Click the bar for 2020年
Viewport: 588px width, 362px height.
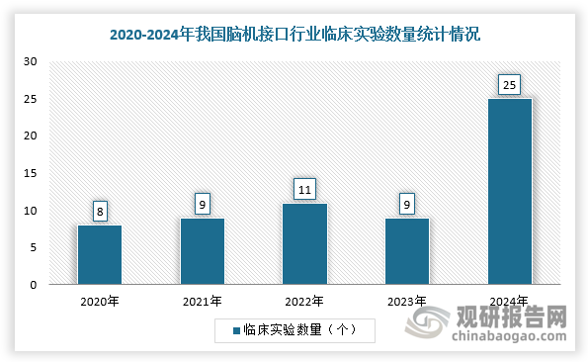(100, 255)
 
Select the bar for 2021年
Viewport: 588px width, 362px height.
(202, 251)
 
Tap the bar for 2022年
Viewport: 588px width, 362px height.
(304, 244)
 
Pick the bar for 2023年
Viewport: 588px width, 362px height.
(407, 251)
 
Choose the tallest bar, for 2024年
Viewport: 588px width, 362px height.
(510, 192)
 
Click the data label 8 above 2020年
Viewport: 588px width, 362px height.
(100, 210)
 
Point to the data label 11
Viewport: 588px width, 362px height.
(304, 188)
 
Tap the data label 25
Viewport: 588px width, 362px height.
(510, 84)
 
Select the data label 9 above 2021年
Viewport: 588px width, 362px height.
(202, 203)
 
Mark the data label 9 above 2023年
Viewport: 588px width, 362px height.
(407, 203)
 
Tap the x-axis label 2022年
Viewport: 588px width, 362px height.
(304, 300)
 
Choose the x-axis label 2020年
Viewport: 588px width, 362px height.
(100, 300)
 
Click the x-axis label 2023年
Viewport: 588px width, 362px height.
(407, 300)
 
